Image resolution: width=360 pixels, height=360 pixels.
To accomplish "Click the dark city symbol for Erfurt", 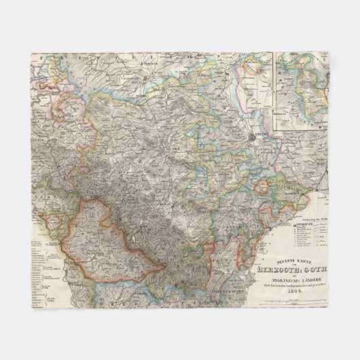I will coord(252,138).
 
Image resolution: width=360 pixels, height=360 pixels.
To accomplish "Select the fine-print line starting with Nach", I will coord(292,285).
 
